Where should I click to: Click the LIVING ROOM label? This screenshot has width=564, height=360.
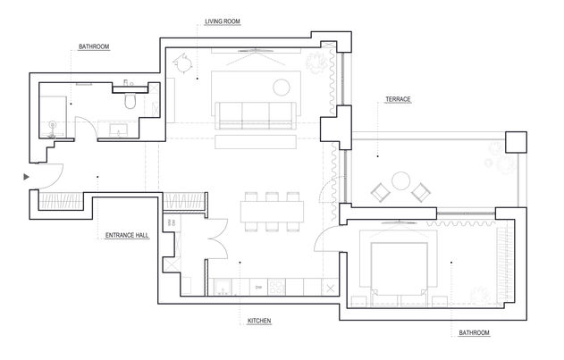223,21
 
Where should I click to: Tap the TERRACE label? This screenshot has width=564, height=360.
398,99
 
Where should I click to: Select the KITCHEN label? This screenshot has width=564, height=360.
259,321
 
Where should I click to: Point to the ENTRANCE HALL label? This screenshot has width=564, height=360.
127,236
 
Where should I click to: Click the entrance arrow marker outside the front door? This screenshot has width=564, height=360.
26,177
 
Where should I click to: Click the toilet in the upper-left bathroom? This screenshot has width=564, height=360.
130,101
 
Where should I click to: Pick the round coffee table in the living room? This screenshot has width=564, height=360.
282,88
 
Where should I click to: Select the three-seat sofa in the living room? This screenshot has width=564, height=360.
256,115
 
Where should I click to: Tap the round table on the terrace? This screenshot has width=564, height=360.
401,180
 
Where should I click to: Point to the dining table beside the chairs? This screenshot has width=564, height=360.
272,212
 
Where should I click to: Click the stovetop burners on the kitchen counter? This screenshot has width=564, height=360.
276,287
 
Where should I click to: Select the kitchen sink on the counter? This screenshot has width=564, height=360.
223,287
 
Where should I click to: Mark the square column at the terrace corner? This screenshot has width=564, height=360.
516,142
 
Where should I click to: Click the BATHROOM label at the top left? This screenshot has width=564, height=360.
94,46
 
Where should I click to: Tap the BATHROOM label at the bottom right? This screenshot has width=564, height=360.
474,333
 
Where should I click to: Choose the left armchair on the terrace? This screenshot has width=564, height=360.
381,192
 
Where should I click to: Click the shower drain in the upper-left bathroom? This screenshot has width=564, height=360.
53,125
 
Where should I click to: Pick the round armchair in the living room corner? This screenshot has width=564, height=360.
183,63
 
